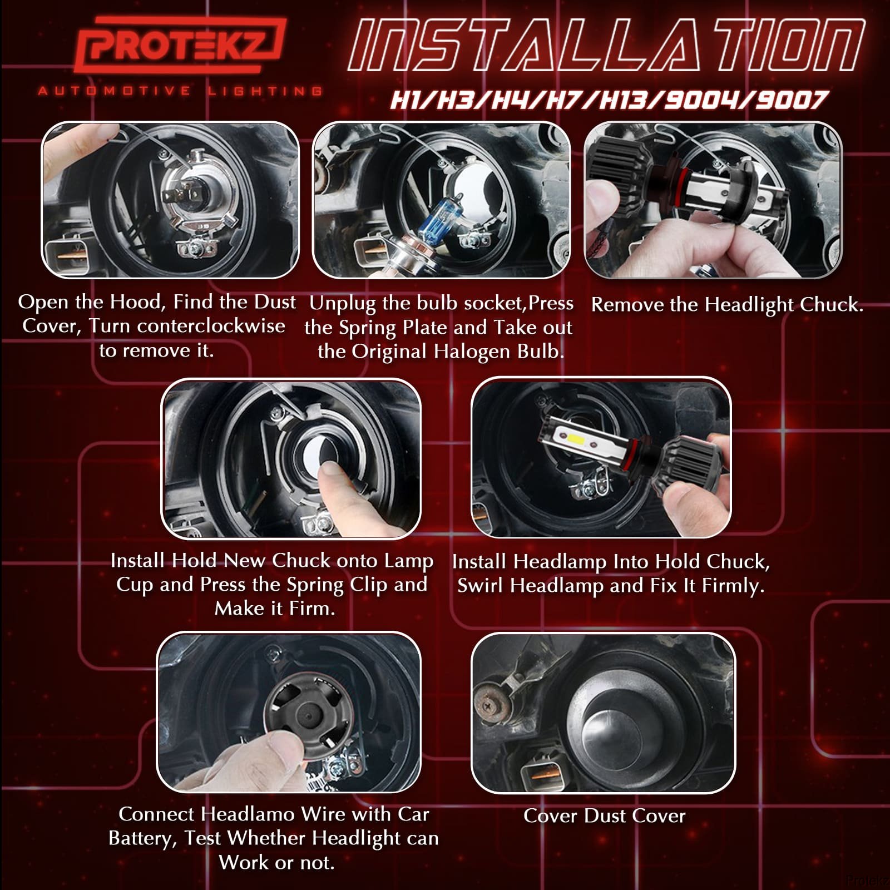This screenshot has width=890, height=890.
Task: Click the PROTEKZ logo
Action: (x=180, y=47)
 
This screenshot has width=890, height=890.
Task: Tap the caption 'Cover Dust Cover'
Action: (x=605, y=816)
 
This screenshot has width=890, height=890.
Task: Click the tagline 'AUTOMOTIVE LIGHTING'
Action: (x=180, y=91)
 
